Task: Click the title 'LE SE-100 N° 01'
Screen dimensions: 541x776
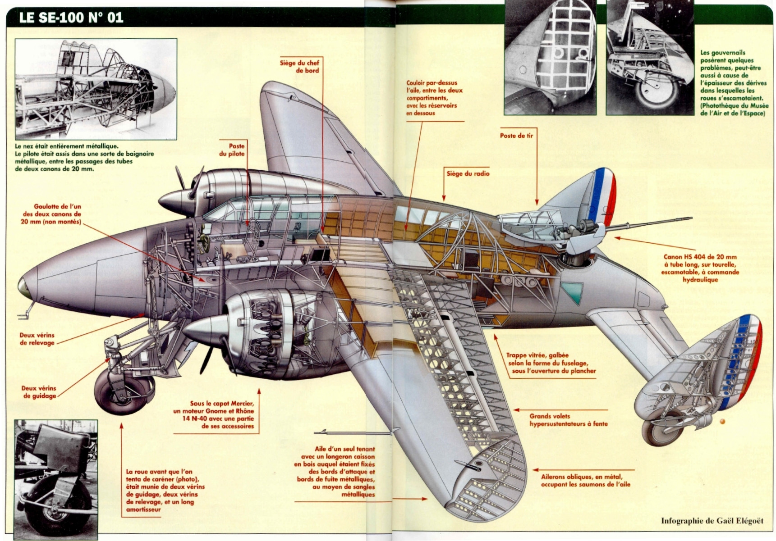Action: point(71,18)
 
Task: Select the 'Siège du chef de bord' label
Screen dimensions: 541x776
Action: point(299,67)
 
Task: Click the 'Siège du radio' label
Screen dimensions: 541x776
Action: point(468,173)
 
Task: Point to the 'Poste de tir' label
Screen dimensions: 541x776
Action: point(516,136)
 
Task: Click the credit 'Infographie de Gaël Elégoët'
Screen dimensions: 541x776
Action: point(712,521)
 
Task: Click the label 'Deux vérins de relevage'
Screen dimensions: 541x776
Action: point(37,339)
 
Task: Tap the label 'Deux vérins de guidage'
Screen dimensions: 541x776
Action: point(39,392)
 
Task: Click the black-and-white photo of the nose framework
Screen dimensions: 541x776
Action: point(96,89)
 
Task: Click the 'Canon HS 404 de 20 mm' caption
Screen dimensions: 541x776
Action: point(700,268)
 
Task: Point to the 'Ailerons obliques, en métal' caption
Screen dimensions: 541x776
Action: point(585,480)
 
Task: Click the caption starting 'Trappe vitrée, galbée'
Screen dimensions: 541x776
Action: point(550,363)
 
